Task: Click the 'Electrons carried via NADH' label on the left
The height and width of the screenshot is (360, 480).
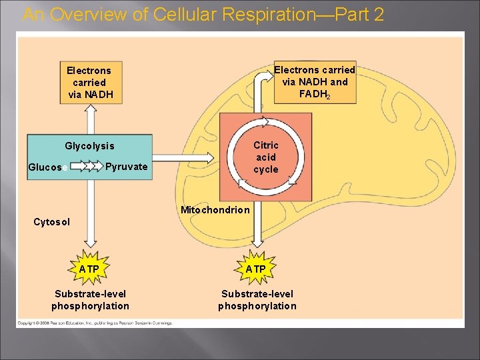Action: coord(89,82)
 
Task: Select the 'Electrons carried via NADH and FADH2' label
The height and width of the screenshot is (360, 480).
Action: coord(315,82)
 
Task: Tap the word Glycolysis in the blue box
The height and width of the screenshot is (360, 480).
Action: coord(89,145)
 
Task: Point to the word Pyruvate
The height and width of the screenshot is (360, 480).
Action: coord(127,166)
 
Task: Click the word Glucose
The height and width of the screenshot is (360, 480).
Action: coord(45,167)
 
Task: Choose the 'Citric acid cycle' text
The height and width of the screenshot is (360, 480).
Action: coord(265,157)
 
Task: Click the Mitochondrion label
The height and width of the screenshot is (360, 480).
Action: coord(215,210)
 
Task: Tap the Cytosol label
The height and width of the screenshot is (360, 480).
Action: coord(51,221)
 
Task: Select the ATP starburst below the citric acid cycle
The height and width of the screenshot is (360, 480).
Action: coord(255,269)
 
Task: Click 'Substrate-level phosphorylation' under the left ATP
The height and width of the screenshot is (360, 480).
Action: coord(90,300)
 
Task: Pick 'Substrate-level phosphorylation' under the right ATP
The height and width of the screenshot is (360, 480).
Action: coord(257,300)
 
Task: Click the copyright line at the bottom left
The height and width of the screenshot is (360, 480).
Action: coord(94,323)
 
